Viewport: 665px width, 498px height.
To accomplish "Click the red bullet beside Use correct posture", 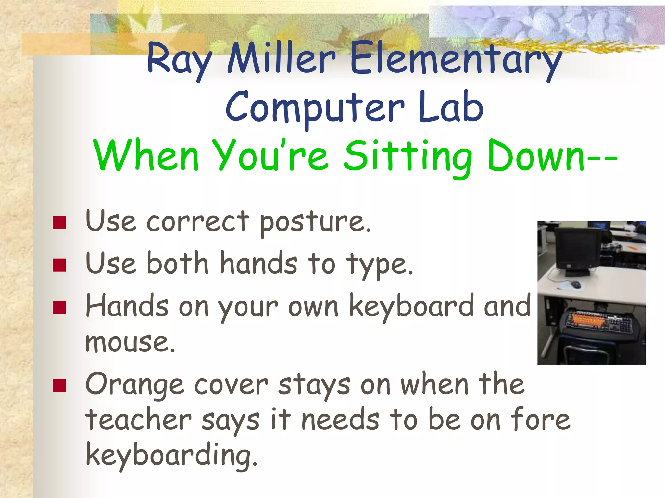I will [x=59, y=223].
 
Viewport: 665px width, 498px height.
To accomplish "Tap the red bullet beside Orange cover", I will [x=59, y=385].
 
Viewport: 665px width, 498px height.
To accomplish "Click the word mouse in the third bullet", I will [x=130, y=342].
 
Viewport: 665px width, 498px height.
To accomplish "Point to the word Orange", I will [x=134, y=386].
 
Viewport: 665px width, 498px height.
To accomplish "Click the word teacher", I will [x=138, y=420].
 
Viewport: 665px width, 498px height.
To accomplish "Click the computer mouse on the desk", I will [x=576, y=285].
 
